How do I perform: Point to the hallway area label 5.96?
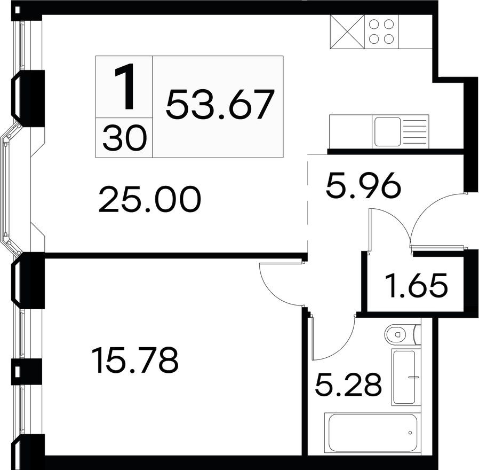tap(363, 187)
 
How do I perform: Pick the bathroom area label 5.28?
tap(348, 385)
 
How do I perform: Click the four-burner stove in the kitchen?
tap(382, 31)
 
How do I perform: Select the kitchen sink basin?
tap(387, 131)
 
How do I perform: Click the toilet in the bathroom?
tap(397, 335)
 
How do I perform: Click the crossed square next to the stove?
tap(347, 31)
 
